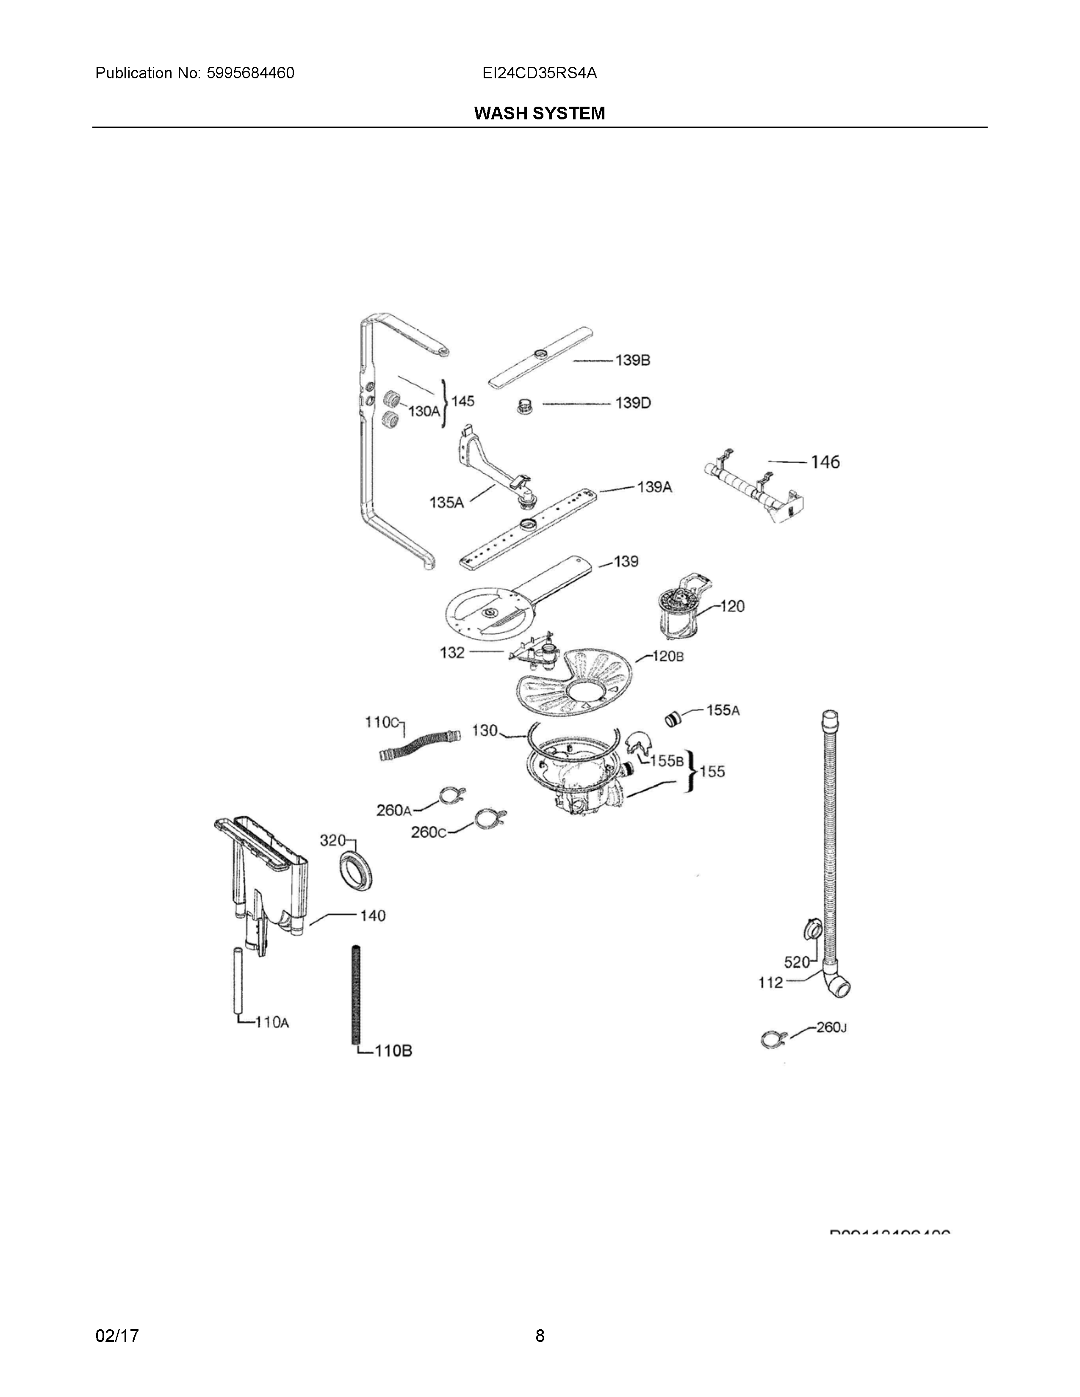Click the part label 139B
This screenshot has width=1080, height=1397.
pos(633,361)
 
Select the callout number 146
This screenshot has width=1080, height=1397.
pos(825,462)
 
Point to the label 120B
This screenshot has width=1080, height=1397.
pos(668,656)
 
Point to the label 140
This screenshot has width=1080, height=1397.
pos(372,916)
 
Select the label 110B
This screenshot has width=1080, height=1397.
pos(393,1050)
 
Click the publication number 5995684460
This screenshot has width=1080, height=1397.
pos(250,73)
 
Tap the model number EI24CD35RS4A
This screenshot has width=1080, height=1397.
pos(539,73)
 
